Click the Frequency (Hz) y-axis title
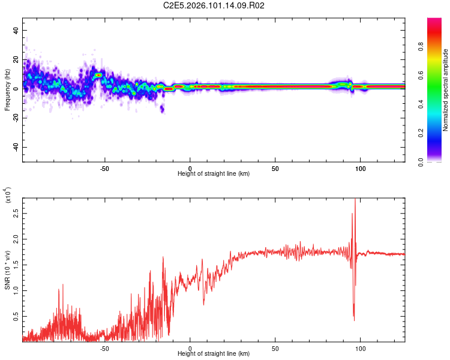(x=7, y=89)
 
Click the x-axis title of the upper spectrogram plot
(x=214, y=174)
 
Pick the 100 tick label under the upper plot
(x=361, y=168)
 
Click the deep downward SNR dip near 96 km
(x=354, y=318)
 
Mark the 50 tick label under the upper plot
(x=275, y=168)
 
